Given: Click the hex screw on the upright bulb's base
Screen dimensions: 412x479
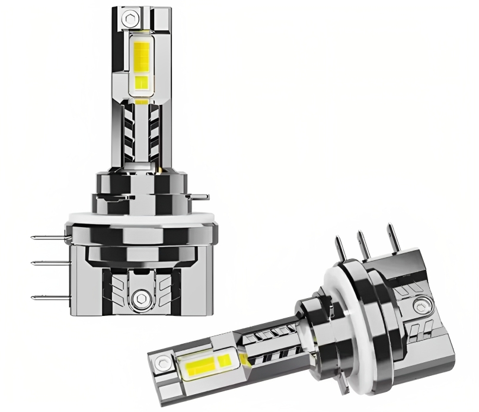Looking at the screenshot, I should click(141, 297).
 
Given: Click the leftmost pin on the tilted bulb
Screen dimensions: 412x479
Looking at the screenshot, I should click(340, 249).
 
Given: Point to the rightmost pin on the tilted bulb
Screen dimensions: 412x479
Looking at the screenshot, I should click(391, 237).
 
